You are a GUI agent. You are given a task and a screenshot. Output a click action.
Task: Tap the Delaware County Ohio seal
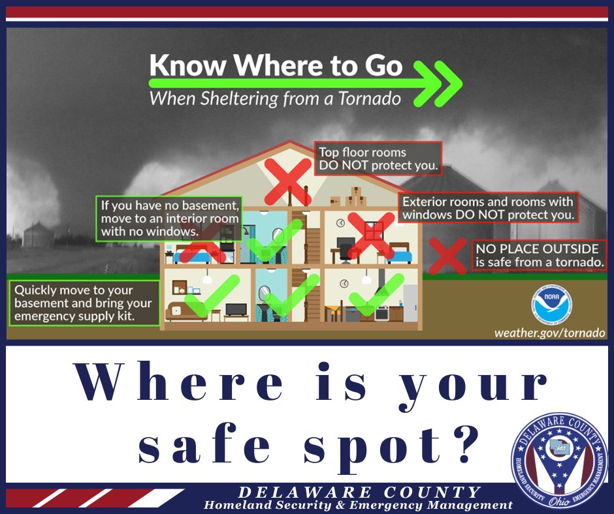(559, 459)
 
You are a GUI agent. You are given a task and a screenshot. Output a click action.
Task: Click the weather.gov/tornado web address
(549, 333)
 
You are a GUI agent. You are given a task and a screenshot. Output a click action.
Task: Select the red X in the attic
(288, 179)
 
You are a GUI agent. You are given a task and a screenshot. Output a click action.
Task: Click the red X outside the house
(447, 256)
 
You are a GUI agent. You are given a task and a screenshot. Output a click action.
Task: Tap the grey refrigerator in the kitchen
(410, 303)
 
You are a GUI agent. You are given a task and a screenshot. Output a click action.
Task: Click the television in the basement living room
(236, 309)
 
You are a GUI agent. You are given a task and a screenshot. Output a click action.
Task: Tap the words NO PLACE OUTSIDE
(537, 249)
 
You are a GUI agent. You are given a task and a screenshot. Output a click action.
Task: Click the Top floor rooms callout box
(378, 159)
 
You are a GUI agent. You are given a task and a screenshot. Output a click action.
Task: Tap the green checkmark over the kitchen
(377, 292)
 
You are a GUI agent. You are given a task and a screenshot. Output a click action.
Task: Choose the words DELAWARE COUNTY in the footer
(360, 492)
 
